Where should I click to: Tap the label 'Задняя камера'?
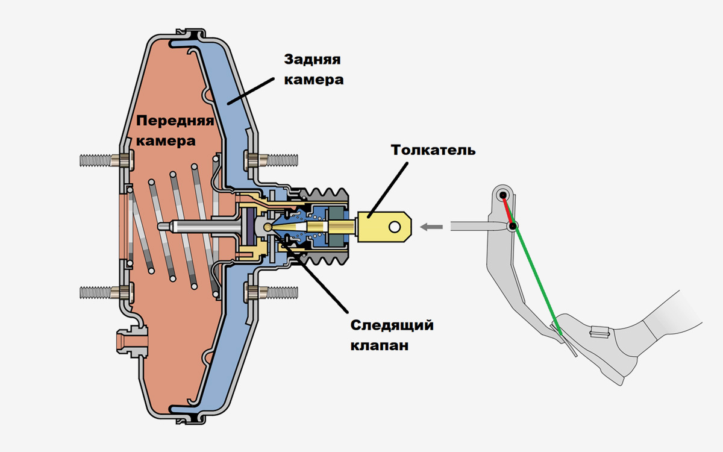click(313, 69)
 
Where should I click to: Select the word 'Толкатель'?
click(433, 149)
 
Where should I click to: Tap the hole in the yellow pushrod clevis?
click(395, 227)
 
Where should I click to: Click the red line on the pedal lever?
click(509, 210)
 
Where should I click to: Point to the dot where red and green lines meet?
click(513, 227)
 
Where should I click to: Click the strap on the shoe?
click(599, 331)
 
